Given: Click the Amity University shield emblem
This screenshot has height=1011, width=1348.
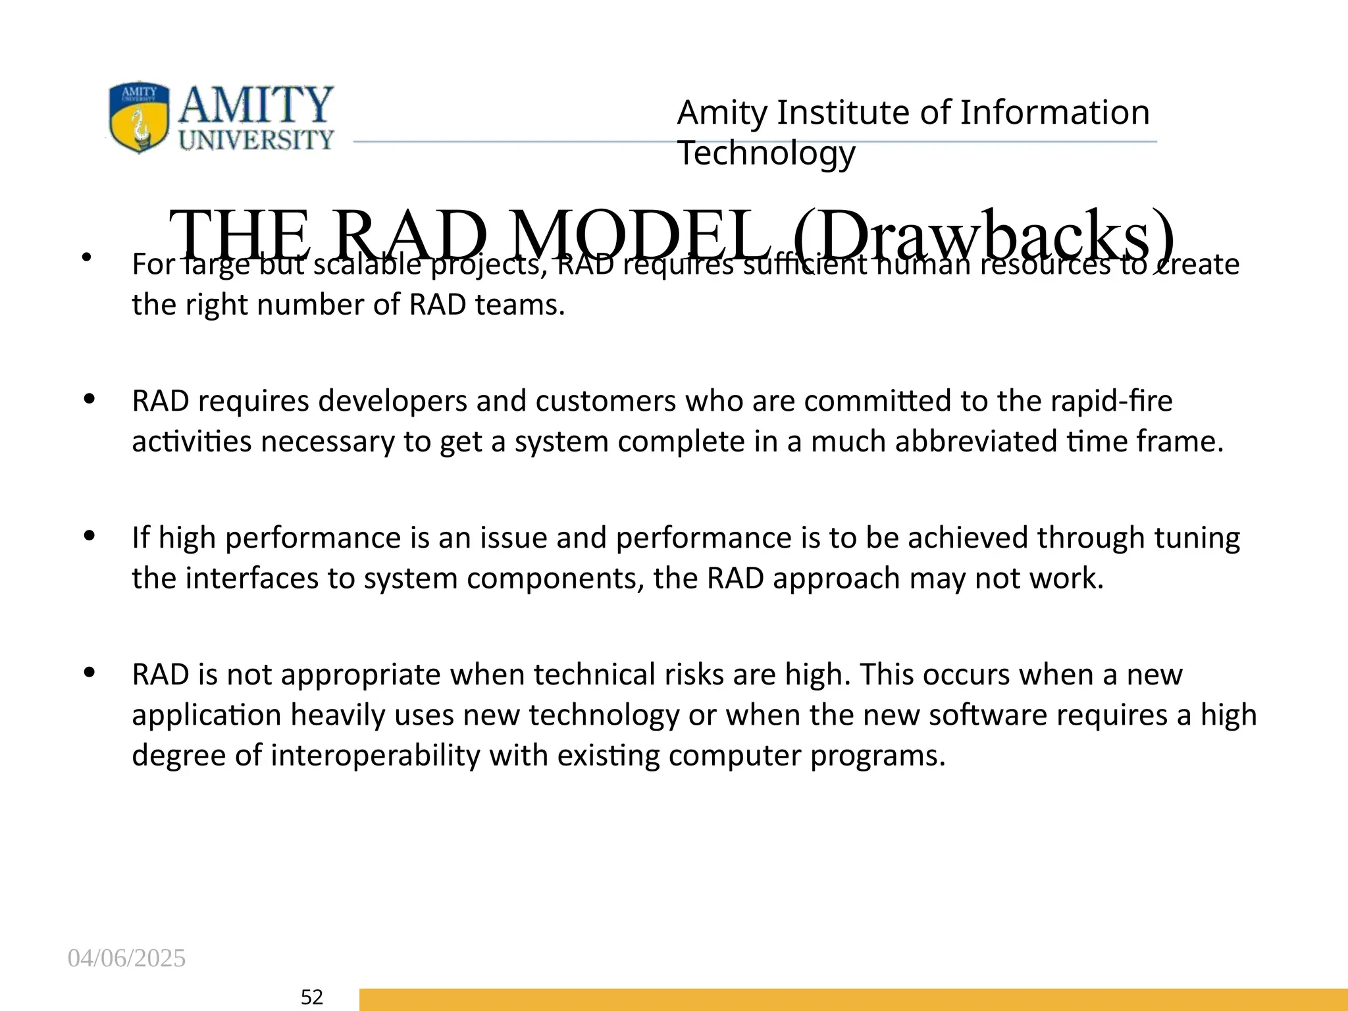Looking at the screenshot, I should point(139,117).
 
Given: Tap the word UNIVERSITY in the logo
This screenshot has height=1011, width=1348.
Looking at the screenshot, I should point(256,140).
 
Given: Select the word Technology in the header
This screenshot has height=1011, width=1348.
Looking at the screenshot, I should point(766,153).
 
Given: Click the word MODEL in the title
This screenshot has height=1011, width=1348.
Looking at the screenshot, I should point(640,236).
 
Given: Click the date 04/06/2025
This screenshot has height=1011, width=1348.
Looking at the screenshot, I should point(126,958).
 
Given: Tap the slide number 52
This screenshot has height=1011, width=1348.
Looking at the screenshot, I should point(311,997).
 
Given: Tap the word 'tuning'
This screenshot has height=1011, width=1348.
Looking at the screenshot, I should point(1197,538).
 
